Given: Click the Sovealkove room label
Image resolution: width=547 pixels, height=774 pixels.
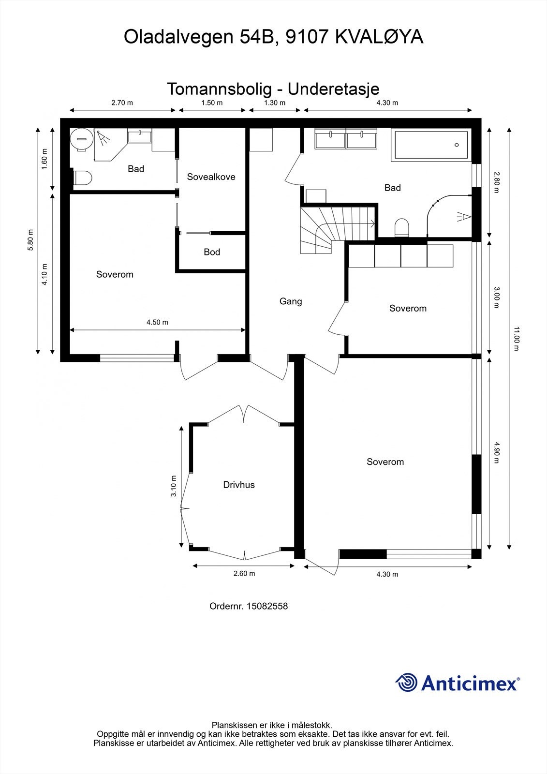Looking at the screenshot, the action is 211,177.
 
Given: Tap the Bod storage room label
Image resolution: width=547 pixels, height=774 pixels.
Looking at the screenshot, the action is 212,252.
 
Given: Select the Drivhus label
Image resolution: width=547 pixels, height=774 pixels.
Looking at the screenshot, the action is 239,485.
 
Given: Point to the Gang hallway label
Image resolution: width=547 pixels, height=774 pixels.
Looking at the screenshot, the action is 291,302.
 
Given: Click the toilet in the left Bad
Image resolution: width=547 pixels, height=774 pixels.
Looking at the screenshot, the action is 83,179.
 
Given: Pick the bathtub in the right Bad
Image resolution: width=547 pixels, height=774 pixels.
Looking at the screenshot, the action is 430,145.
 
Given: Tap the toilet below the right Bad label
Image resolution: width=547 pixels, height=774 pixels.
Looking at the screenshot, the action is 402,228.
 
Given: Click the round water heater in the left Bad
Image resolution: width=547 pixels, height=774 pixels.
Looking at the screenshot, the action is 82,139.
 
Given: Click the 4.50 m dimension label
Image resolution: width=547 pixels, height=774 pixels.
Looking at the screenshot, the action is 157,322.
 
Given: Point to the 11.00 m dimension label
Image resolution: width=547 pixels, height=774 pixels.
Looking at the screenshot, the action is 516,339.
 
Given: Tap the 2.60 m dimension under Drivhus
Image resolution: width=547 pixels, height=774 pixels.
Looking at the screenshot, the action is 244,574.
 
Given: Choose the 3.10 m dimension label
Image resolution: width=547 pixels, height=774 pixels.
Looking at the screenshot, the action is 174,486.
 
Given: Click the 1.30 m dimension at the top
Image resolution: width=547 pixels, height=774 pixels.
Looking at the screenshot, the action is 275,103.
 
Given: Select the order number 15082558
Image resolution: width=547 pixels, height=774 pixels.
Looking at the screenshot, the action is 267,606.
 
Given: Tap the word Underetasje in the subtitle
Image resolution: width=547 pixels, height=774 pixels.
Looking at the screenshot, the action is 333,89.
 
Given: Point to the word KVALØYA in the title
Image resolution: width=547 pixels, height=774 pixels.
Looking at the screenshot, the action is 379,37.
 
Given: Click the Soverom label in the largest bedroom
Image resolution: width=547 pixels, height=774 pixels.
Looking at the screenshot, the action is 385,462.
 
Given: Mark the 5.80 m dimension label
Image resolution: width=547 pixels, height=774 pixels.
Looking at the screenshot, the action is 30,240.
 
